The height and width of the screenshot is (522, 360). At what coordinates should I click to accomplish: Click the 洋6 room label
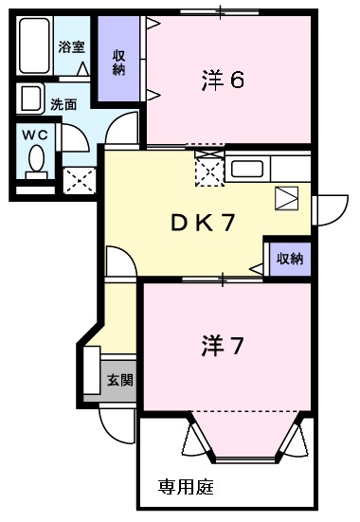click(224, 81)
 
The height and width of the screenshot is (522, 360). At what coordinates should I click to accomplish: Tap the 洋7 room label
click(224, 347)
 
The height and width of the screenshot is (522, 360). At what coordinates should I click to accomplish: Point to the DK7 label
click(204, 224)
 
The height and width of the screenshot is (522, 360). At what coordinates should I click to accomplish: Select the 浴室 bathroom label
click(71, 46)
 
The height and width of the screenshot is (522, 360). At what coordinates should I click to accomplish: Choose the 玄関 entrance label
click(119, 380)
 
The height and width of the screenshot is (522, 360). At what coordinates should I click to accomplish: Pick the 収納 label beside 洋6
click(118, 62)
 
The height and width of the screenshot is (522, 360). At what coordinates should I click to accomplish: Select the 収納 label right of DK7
click(290, 258)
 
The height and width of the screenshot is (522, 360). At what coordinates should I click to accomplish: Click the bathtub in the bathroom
click(35, 48)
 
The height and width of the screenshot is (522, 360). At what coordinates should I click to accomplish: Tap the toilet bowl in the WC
click(36, 160)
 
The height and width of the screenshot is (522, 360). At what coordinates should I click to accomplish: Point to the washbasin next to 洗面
click(29, 99)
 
